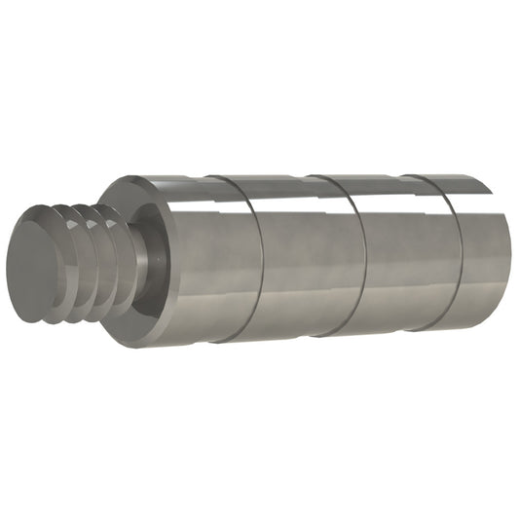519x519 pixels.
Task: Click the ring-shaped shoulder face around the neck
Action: pyautogui.click(x=156, y=292)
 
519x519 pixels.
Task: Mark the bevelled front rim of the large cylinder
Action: pyautogui.click(x=115, y=195)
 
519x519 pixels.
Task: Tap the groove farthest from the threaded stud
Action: pyautogui.click(x=450, y=253)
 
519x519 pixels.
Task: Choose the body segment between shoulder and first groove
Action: pyautogui.click(x=209, y=263)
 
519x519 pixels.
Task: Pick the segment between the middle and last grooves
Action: pyautogui.click(x=404, y=255)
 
